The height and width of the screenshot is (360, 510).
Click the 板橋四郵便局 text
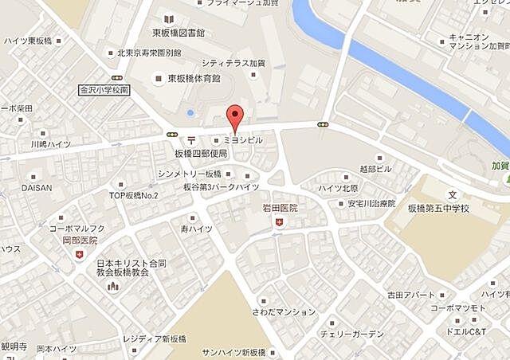pyautogui.click(x=202, y=153)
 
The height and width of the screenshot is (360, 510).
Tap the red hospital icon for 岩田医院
pyautogui.click(x=279, y=223)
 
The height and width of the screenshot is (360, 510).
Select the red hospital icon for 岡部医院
pyautogui.click(x=79, y=254)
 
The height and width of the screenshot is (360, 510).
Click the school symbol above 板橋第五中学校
pyautogui.click(x=453, y=194)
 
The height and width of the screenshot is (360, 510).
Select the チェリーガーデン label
pyautogui.click(x=351, y=334)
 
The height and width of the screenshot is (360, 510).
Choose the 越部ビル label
pyautogui.click(x=375, y=169)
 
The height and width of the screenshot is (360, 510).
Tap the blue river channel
pyautogui.click(x=398, y=60)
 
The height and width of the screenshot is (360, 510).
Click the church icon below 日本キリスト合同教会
pyautogui.click(x=112, y=285)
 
